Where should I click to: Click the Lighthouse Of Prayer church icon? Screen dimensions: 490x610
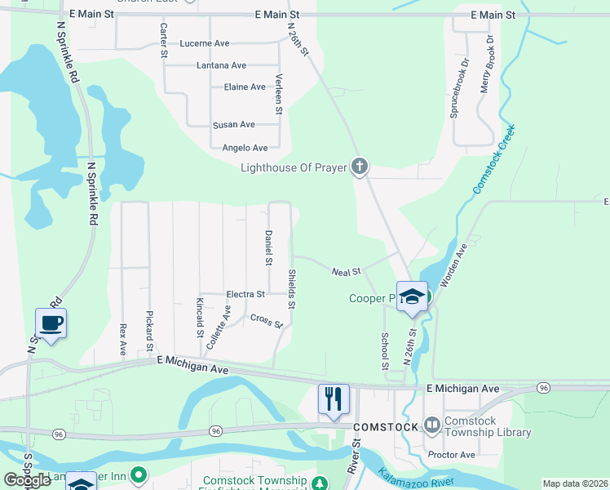coord(359,167)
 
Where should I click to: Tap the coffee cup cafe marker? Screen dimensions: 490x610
coord(51,323)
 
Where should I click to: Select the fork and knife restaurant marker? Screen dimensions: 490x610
coord(334,399)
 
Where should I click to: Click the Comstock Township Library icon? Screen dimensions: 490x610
coord(432,425)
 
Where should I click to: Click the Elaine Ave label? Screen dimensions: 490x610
coord(244,87)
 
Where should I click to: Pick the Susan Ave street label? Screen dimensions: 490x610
coord(233,125)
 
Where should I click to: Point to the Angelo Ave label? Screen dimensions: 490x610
coord(245,148)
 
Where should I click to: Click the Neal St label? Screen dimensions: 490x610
coord(346,272)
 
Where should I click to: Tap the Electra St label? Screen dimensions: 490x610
coord(245,294)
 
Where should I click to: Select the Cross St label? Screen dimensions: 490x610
coord(266,321)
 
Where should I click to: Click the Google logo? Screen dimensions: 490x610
coord(27,480)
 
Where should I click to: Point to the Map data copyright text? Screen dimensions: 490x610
coord(575,483)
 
